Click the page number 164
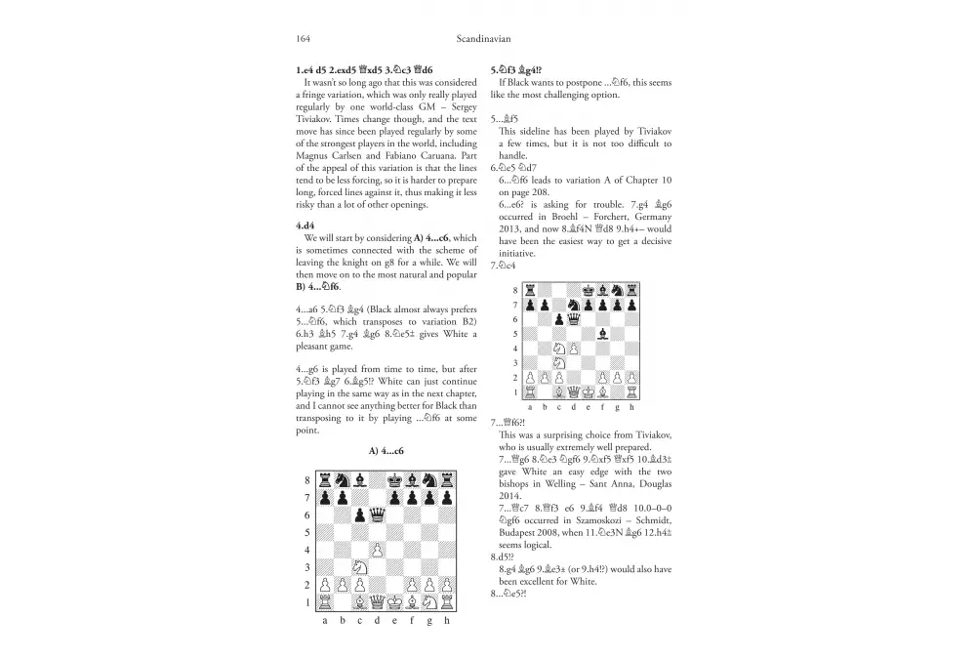coord(303,38)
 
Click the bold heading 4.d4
coord(309,225)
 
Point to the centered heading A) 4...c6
coord(386,451)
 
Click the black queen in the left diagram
coord(378,515)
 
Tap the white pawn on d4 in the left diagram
coord(378,551)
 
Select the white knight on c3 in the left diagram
coord(360,568)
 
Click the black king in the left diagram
coord(395,480)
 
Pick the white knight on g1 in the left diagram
coord(430,603)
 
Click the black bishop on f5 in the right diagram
coord(602,334)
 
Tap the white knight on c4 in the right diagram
coord(558,349)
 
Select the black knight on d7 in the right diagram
coord(573,305)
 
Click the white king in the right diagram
coord(588,392)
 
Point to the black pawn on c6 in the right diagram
coord(558,319)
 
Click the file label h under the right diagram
coord(631,408)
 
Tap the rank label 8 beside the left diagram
coord(307,480)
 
